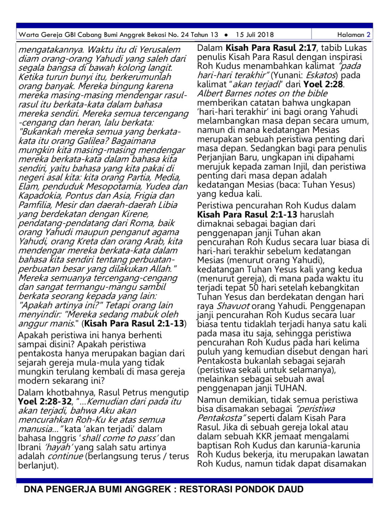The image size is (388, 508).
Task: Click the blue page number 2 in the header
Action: [368, 35]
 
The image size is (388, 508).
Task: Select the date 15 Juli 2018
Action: [255, 35]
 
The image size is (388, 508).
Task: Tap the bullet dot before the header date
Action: [226, 35]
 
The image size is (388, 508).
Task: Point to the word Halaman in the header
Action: [351, 35]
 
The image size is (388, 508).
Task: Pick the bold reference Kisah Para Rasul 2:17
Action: [271, 47]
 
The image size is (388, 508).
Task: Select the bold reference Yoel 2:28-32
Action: [45, 401]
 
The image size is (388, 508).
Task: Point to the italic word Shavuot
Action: [233, 306]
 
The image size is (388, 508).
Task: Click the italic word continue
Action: [65, 456]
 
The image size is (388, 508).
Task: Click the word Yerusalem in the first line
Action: [160, 49]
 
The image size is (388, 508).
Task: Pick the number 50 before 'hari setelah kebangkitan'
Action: [253, 287]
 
